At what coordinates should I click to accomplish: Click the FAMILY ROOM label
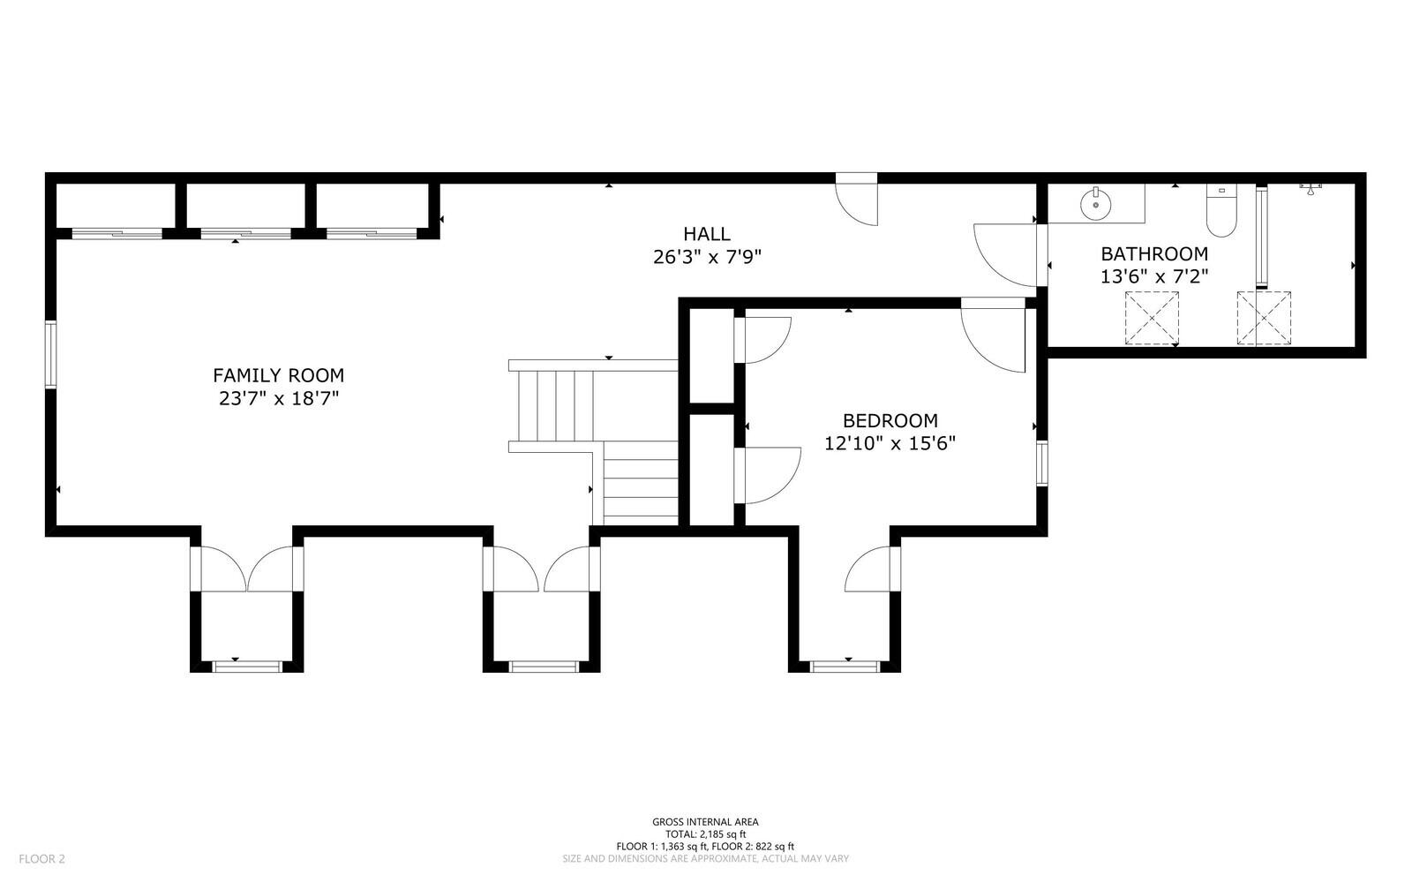point(278,375)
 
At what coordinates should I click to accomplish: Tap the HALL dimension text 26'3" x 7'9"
point(706,257)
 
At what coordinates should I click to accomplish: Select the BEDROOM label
point(890,420)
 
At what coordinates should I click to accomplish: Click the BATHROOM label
point(1153,253)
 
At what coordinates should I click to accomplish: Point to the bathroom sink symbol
point(1094,203)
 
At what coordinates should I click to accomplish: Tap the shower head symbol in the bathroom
point(1311,186)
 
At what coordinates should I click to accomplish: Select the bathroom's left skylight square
point(1152,317)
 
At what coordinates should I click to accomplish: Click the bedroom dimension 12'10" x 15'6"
point(890,443)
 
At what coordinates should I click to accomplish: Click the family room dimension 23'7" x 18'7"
point(278,398)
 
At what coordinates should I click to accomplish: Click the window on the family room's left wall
point(51,354)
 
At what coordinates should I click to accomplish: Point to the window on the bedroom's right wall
point(1042,463)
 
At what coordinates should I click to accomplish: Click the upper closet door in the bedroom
point(762,339)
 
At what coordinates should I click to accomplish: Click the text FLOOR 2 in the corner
point(42,858)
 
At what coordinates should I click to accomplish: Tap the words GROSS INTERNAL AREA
point(705,821)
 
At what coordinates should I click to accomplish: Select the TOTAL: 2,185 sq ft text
point(705,833)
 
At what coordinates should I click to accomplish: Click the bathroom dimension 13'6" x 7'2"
point(1153,276)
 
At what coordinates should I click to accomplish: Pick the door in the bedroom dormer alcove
point(872,569)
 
